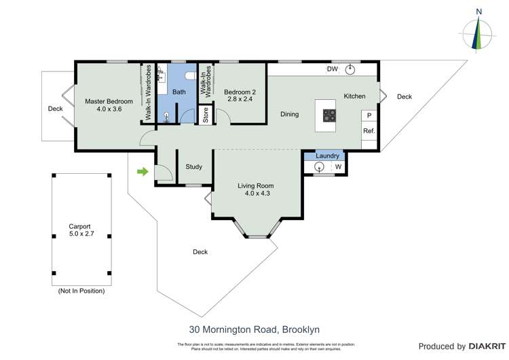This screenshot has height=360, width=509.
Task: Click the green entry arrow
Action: [143, 172]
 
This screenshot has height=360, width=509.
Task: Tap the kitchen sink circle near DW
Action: [351, 69]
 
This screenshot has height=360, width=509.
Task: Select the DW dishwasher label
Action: [333, 69]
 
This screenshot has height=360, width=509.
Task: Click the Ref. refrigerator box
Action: [369, 131]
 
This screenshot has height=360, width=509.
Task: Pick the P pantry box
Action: [369, 115]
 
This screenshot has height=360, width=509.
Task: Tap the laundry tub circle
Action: [318, 167]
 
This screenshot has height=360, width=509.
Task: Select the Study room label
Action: [195, 166]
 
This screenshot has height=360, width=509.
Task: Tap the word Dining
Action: [290, 114]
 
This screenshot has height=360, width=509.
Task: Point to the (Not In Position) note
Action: [81, 291]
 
